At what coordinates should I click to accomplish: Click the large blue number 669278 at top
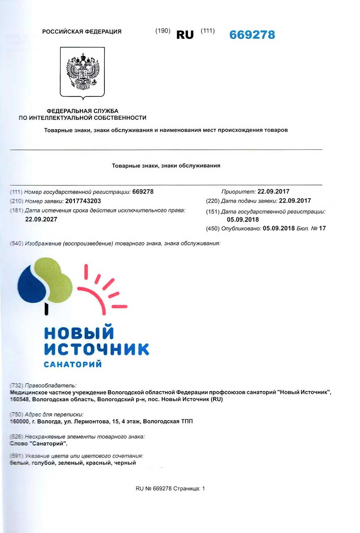click(252, 35)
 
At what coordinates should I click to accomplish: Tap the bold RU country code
click(185, 35)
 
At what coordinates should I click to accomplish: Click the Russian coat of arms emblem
click(83, 72)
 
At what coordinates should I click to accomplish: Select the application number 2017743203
click(83, 201)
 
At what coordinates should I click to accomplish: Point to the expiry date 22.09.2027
click(41, 220)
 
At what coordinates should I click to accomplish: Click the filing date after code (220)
click(295, 201)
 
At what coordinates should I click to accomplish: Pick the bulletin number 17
click(322, 228)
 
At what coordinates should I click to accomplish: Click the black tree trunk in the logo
click(46, 309)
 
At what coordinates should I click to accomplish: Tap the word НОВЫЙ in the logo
click(79, 332)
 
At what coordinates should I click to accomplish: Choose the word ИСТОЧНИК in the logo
click(96, 349)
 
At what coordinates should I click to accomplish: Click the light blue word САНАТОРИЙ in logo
click(73, 364)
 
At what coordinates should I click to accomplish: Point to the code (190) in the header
click(163, 31)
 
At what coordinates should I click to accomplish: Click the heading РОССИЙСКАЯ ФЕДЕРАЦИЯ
click(82, 32)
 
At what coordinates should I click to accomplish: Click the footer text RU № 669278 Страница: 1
click(170, 489)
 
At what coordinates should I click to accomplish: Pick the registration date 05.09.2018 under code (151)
click(243, 220)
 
